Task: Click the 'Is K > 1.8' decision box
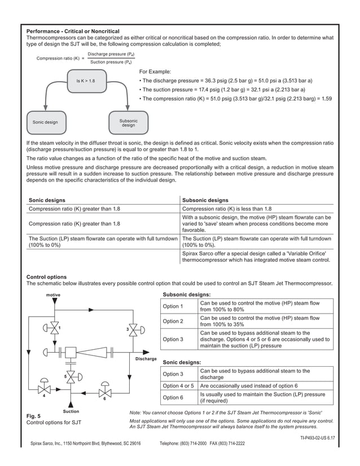click(x=86, y=81)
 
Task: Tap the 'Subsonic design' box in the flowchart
click(x=129, y=122)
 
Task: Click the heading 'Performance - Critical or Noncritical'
click(x=73, y=30)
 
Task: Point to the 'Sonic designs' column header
click(x=47, y=200)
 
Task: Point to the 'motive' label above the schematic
click(x=53, y=295)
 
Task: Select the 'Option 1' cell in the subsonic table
click(x=173, y=306)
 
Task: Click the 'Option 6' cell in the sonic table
click(x=173, y=398)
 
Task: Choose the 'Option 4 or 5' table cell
click(x=179, y=385)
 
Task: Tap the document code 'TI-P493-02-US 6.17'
click(x=313, y=437)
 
